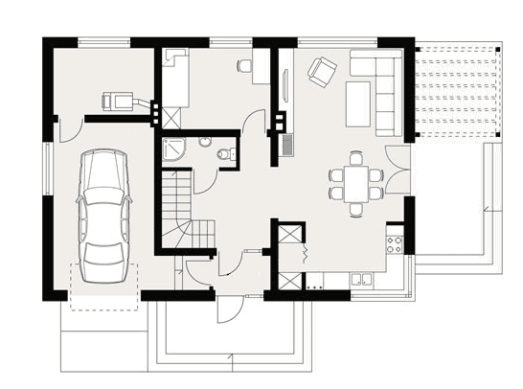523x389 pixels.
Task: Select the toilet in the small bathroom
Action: (224, 153)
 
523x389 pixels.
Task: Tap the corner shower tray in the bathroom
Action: (175, 148)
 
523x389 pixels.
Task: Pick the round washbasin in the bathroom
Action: (204, 143)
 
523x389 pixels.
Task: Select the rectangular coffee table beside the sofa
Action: (357, 103)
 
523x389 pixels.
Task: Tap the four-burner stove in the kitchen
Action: (393, 243)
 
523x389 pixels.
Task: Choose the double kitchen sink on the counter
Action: (363, 280)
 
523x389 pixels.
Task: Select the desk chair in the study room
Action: (243, 66)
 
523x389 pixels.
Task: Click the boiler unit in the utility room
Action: (118, 99)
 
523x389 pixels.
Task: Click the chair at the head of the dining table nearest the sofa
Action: (356, 156)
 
